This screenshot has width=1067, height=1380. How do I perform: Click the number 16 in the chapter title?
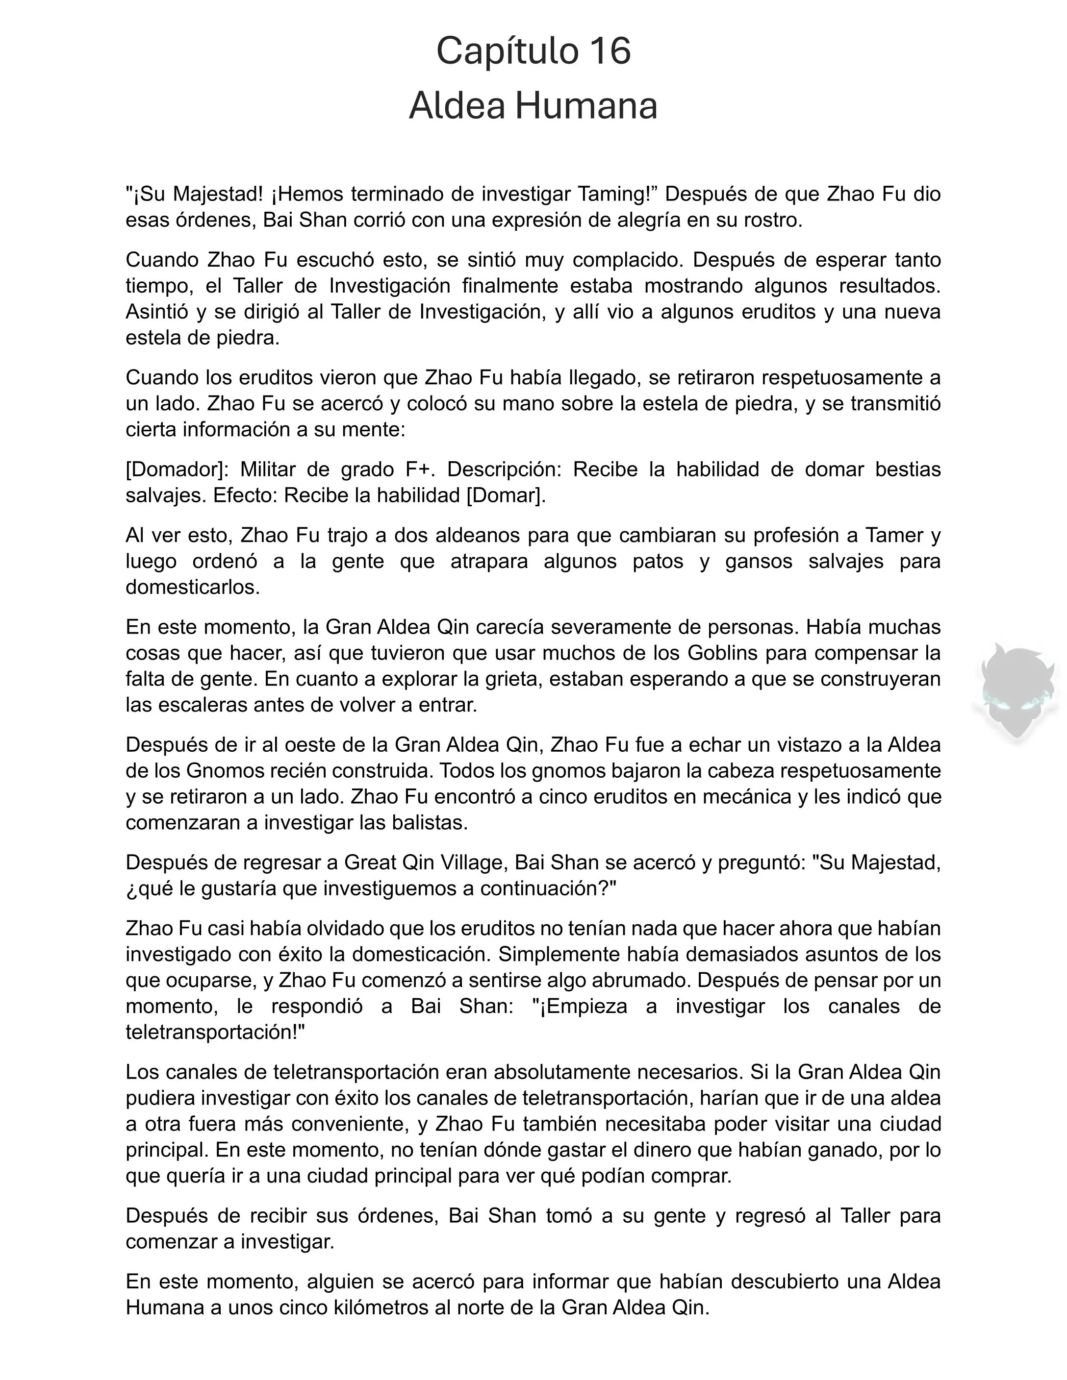tap(610, 51)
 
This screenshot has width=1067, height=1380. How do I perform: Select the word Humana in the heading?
tap(586, 106)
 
